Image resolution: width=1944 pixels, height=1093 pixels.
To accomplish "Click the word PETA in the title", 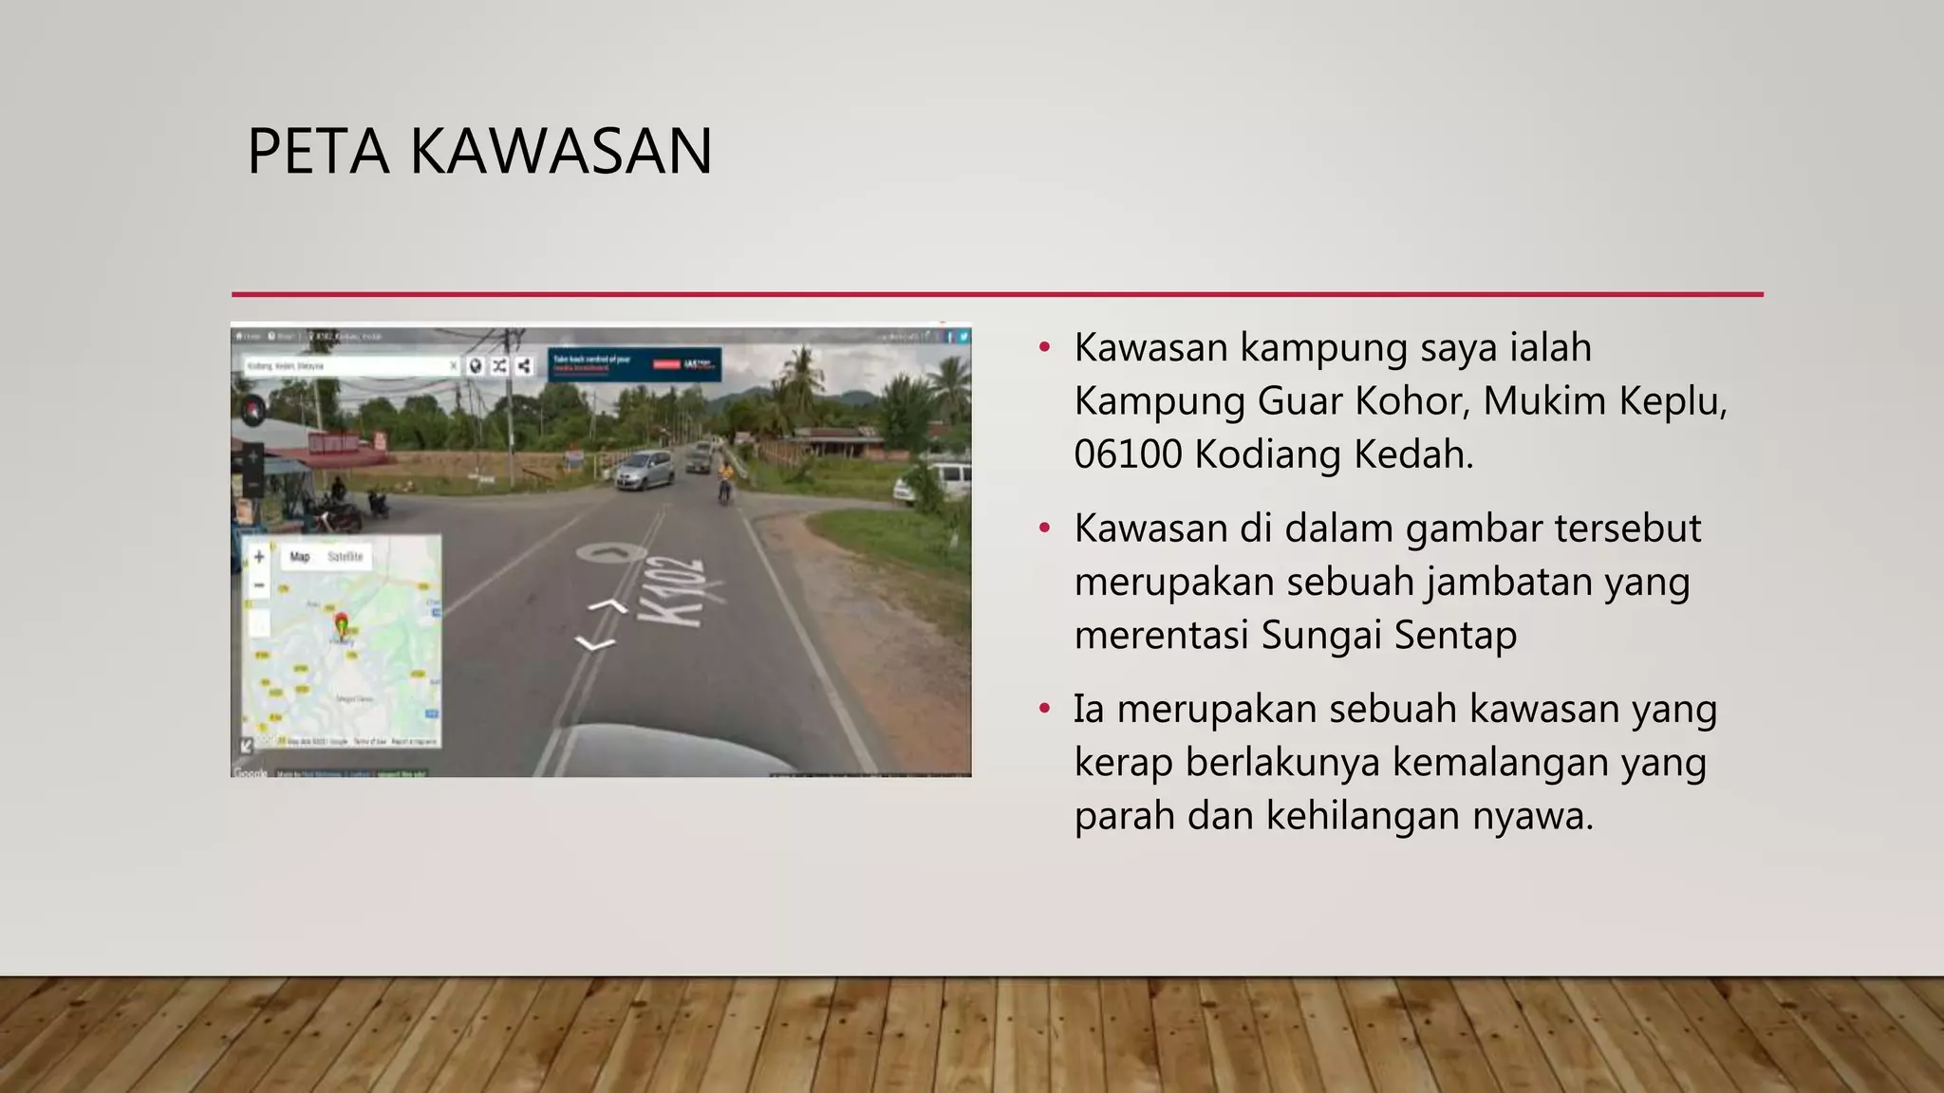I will pos(318,152).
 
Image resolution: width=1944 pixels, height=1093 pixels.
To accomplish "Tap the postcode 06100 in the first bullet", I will pos(1128,454).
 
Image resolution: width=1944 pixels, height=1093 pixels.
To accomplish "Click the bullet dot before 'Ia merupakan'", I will pos(1045,709).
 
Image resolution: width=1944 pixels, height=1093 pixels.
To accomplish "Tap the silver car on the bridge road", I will pos(645,470).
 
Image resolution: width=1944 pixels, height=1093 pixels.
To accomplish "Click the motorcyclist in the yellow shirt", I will pos(726,477).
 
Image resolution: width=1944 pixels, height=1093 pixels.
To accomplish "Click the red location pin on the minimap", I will pos(342,624).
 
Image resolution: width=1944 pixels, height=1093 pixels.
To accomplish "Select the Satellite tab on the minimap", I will pos(345,557).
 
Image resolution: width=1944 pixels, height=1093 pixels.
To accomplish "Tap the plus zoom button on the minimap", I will pos(259,557).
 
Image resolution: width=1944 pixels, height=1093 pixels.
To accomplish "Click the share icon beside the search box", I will pos(524,365).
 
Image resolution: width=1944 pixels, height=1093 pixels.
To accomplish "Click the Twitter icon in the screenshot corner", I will pos(963,336).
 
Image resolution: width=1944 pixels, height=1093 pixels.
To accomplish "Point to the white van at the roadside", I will pos(935,482).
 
